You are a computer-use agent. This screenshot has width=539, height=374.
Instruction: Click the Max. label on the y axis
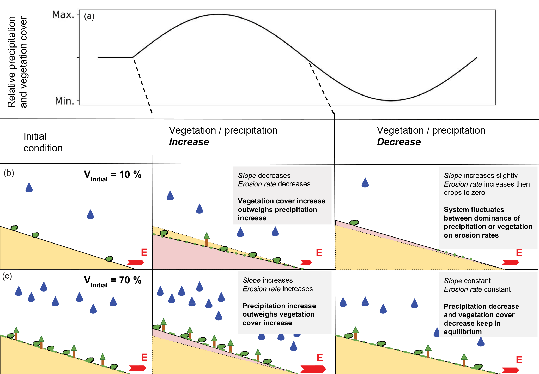(63, 15)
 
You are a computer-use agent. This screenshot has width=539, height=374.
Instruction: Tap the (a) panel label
(89, 16)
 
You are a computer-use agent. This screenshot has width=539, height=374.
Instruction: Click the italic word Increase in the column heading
(189, 142)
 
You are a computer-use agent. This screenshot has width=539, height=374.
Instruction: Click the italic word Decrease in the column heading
(398, 142)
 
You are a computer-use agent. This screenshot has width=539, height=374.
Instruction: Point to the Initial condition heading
(43, 142)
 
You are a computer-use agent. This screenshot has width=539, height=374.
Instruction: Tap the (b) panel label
(9, 173)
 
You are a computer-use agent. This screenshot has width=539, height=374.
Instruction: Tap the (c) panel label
(7, 276)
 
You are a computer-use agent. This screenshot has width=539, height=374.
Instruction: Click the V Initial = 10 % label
(112, 175)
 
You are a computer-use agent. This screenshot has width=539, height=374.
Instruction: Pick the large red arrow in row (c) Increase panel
(313, 369)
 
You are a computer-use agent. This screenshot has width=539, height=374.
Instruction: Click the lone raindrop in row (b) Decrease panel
(365, 183)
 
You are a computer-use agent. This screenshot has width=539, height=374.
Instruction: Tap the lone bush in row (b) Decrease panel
(354, 223)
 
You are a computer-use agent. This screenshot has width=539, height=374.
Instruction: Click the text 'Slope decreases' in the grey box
(264, 176)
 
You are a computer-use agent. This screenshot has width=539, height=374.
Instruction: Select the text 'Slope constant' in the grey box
(467, 281)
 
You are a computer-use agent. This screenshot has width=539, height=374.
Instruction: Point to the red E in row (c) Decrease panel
(519, 360)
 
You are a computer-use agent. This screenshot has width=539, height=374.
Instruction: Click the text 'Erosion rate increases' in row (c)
(277, 289)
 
